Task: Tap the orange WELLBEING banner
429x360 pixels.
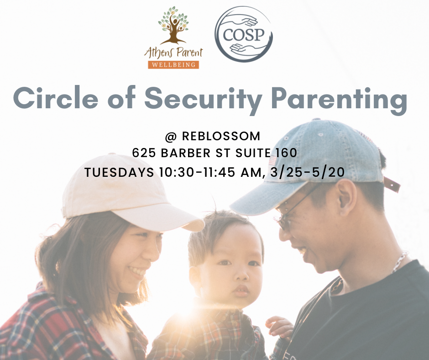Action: click(173, 64)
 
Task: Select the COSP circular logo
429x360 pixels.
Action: click(243, 34)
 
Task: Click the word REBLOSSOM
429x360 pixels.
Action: click(221, 136)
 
